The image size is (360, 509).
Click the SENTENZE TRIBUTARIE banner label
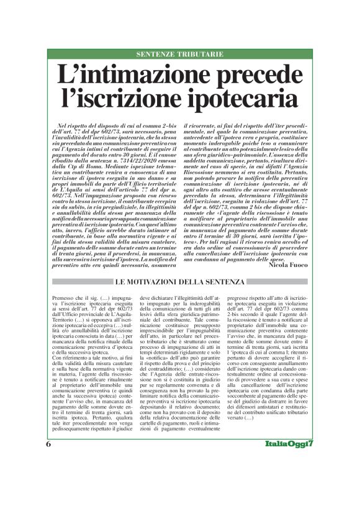click(x=179, y=55)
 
